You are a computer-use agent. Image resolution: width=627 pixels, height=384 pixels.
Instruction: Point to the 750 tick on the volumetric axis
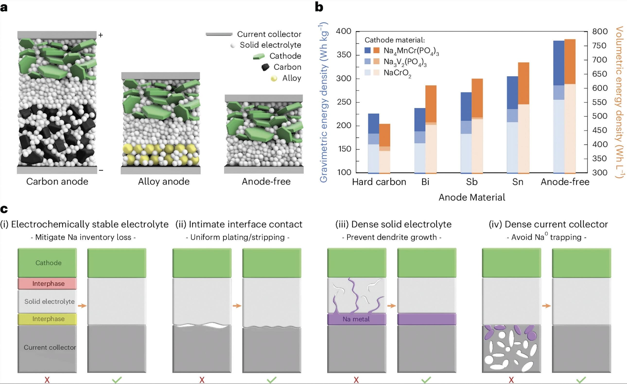pos(600,46)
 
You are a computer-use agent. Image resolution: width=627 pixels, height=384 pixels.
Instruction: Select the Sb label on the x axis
pos(471,182)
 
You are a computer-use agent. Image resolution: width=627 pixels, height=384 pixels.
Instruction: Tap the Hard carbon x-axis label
pos(379,182)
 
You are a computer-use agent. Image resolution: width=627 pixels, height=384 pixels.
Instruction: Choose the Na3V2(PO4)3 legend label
pos(405,62)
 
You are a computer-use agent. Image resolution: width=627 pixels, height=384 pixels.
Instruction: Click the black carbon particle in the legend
pos(265,67)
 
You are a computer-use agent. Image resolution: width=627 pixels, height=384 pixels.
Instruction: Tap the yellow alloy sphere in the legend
pos(274,78)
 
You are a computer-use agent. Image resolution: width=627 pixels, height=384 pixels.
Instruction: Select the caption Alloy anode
pos(164,182)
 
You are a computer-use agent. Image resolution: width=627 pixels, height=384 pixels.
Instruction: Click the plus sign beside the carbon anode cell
pos(101,35)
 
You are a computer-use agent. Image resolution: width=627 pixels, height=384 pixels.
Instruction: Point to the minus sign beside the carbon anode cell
pos(101,170)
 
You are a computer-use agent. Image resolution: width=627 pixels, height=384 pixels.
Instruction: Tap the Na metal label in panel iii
pos(356,319)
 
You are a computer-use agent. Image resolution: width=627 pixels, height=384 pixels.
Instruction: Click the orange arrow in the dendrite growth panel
pos(392,305)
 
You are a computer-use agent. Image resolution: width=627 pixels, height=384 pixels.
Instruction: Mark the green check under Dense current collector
pos(581,380)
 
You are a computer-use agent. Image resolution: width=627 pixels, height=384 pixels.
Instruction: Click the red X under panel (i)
pos(47,380)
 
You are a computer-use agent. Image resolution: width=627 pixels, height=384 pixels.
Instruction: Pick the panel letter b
pos(319,7)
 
